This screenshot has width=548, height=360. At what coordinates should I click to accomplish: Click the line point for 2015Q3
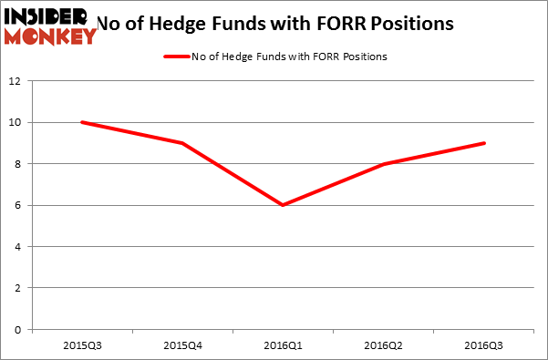pyautogui.click(x=82, y=122)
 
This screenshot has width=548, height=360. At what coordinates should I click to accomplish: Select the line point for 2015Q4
pyautogui.click(x=183, y=143)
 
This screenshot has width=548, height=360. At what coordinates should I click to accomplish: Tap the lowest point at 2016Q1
pyautogui.click(x=284, y=205)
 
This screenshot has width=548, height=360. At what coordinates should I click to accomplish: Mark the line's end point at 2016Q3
pyautogui.click(x=485, y=143)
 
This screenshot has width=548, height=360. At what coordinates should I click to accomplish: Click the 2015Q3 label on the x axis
pyautogui.click(x=82, y=347)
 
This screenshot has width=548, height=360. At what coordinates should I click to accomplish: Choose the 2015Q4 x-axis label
pyautogui.click(x=183, y=347)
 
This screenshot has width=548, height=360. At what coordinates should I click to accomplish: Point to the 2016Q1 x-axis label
pyautogui.click(x=284, y=347)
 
